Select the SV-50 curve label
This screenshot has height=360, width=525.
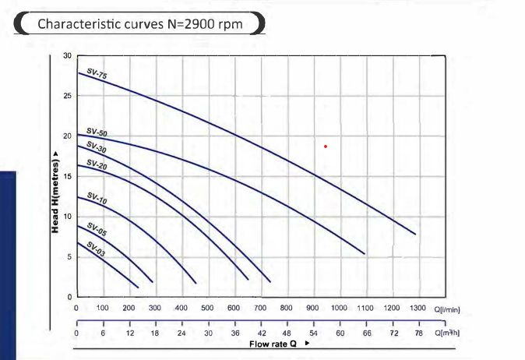97,134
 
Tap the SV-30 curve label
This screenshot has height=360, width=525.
97,146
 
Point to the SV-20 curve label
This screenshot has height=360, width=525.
97,165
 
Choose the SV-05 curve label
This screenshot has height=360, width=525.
97,229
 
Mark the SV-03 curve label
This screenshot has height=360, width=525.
97,250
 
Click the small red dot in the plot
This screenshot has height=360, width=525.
326,146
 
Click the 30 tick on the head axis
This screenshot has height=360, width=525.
67,56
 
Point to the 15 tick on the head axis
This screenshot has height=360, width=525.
67,176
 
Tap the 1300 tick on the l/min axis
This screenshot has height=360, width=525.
417,309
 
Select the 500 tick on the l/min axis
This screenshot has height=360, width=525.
206,309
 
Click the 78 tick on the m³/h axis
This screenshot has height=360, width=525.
418,333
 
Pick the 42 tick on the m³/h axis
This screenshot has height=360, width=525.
261,333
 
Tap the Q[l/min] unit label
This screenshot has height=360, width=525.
449,309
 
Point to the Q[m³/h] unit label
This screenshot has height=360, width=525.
449,333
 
